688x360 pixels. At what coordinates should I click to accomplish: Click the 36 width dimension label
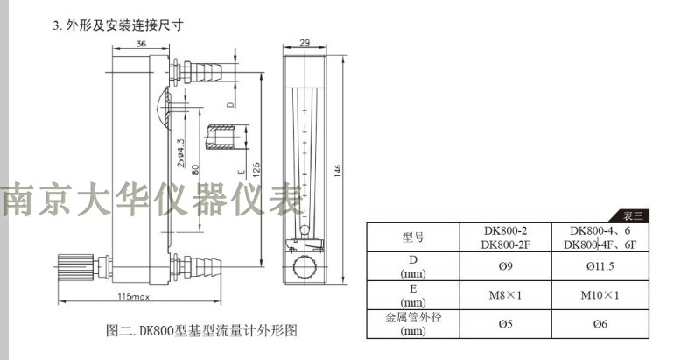(x=141, y=44)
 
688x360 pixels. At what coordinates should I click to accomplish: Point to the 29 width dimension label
(x=305, y=42)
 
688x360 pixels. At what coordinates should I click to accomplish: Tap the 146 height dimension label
(x=337, y=171)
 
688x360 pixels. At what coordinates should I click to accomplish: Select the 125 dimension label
(x=256, y=169)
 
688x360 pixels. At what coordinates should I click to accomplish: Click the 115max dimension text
(x=133, y=296)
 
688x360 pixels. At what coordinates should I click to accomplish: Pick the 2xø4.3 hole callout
(x=180, y=153)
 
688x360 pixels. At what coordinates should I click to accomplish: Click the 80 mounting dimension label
(x=195, y=169)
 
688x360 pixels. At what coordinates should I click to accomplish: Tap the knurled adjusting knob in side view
(x=75, y=266)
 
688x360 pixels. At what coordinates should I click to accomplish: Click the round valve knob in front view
(x=305, y=266)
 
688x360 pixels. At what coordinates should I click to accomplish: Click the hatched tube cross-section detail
(x=221, y=137)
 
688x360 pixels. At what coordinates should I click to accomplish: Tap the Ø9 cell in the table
(x=505, y=266)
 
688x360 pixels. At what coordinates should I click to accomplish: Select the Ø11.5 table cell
(x=600, y=266)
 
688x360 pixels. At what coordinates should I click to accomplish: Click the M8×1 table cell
(x=505, y=295)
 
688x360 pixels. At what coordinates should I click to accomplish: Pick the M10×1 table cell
(x=600, y=295)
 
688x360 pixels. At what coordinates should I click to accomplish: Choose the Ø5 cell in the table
(x=505, y=324)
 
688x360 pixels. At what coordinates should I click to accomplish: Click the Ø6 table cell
(x=600, y=324)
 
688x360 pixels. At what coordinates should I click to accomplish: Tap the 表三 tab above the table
(x=632, y=216)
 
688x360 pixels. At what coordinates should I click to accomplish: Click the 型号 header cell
(x=413, y=237)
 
